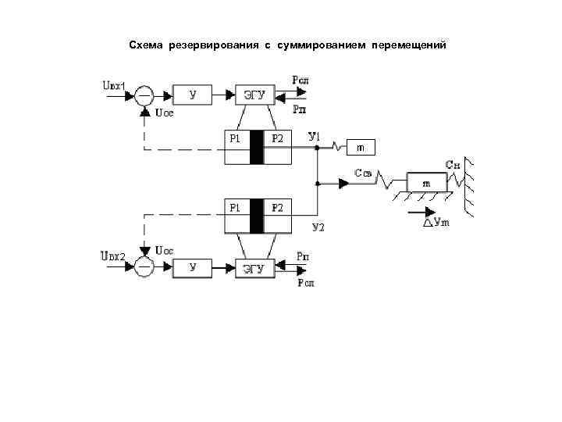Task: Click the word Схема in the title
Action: (146, 45)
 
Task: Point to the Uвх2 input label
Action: (113, 255)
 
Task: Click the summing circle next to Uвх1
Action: (144, 95)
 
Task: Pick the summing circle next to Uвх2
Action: (144, 267)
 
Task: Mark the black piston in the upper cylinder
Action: (257, 147)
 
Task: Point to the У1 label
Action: (315, 137)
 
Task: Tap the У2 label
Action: (318, 227)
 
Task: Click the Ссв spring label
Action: (362, 173)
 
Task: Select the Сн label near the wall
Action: (452, 164)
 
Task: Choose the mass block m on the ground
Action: (425, 182)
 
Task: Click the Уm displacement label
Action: (441, 222)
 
